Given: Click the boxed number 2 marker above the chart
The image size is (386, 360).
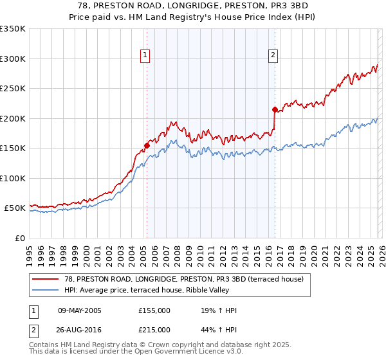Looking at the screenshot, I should click(x=273, y=56).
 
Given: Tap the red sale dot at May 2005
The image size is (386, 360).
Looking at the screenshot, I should click(x=147, y=145).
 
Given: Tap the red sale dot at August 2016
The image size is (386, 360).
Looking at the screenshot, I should click(x=275, y=109).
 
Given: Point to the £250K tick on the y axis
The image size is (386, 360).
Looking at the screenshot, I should click(x=13, y=89).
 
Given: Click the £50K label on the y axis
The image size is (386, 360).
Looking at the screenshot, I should click(x=15, y=208).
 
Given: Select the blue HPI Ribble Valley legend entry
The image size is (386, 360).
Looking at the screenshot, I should click(x=154, y=290).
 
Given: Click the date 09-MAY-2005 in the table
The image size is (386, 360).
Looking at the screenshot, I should click(x=79, y=310).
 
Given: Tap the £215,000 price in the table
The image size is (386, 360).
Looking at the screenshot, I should click(x=154, y=330).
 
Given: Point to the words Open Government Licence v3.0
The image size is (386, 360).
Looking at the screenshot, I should click(x=187, y=352).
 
